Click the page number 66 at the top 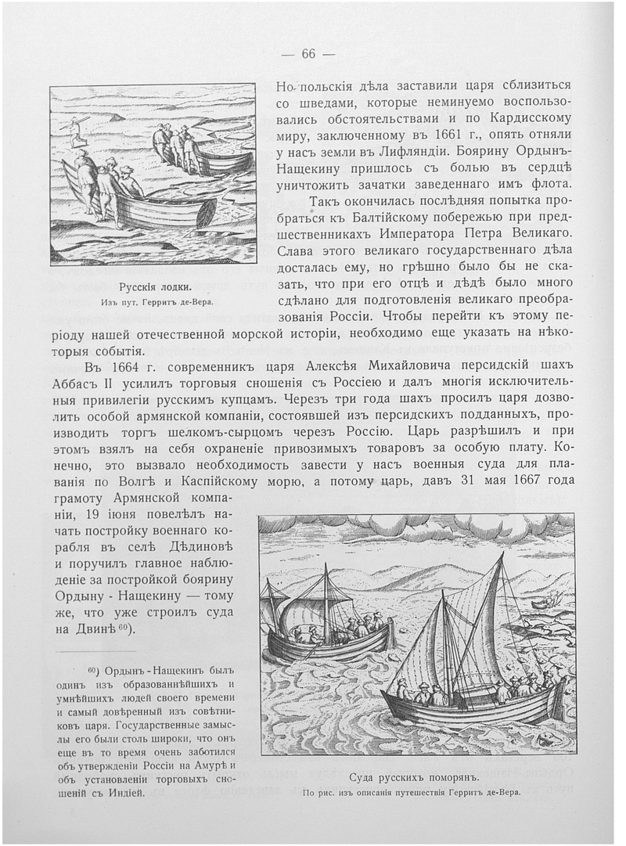tap(308, 53)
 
